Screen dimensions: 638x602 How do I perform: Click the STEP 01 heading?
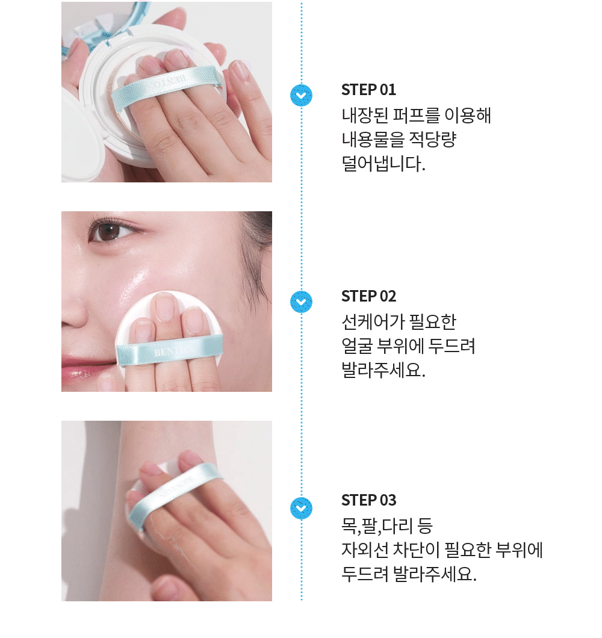pyautogui.click(x=368, y=90)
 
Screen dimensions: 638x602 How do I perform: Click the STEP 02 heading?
pyautogui.click(x=368, y=296)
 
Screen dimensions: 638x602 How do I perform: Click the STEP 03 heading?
pyautogui.click(x=368, y=500)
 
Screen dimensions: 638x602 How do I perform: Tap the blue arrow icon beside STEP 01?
pyautogui.click(x=302, y=95)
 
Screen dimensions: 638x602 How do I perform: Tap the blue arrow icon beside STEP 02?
pyautogui.click(x=302, y=302)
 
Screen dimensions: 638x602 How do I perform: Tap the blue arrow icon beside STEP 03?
pyautogui.click(x=302, y=508)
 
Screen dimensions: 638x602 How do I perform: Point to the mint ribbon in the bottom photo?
pyautogui.click(x=175, y=488)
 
